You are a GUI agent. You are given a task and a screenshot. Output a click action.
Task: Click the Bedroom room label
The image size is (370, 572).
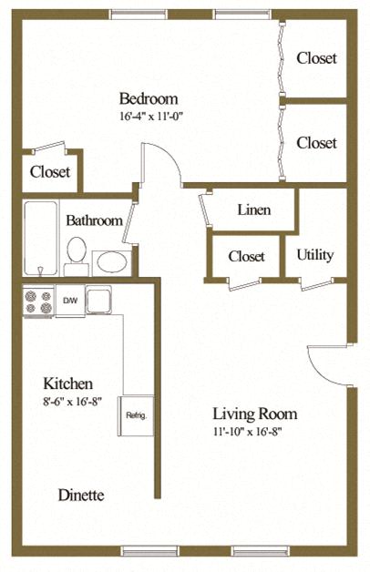149,98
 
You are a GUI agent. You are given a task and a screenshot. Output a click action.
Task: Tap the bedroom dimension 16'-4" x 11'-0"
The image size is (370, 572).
150,117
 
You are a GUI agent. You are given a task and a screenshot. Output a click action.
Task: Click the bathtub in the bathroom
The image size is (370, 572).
41,239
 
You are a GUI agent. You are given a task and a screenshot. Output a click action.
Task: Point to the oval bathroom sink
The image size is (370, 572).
112,262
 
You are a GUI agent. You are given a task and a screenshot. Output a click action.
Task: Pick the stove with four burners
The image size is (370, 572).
38,301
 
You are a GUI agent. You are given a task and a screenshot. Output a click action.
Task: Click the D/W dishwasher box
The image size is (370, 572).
70,301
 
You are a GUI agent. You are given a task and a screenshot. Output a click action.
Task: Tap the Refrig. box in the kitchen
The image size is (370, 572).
136,415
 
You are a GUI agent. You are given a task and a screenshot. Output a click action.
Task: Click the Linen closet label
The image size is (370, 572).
254,209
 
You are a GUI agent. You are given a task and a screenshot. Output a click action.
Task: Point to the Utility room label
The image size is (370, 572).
315,255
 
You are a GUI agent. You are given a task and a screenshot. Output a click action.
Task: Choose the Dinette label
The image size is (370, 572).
81,495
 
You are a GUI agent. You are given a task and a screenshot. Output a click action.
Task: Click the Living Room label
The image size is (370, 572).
254,414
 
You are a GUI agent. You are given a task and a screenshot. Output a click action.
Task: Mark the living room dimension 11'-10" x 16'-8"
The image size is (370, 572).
247,432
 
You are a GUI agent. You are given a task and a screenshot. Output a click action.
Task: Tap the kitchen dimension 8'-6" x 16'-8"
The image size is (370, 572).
72,402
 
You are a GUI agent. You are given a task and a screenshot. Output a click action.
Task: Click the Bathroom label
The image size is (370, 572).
94,220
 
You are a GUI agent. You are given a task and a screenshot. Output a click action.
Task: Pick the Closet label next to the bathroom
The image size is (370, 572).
50,172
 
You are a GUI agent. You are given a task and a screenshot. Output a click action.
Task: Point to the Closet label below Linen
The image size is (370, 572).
247,256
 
